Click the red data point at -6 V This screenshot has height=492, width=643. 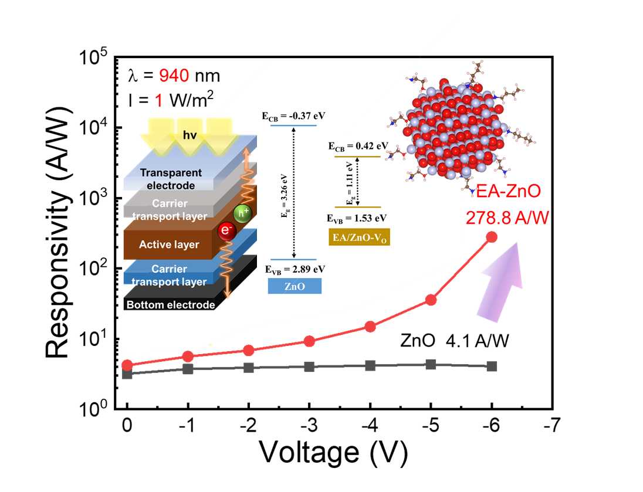(492, 237)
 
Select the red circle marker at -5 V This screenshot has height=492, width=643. (431, 300)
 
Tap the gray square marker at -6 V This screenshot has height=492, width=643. (492, 366)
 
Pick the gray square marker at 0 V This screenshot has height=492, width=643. (127, 374)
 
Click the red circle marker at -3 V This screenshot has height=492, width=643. (310, 341)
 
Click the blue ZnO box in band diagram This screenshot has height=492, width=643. (295, 285)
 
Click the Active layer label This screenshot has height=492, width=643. (169, 244)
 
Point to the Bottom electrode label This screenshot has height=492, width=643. (170, 305)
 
